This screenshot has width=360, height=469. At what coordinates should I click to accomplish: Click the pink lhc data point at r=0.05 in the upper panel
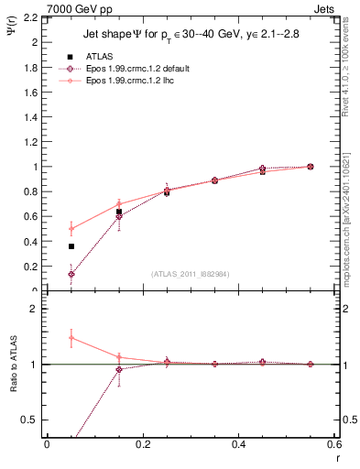(x=71, y=229)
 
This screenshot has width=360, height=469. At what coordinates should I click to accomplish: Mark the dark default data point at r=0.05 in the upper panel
(x=71, y=274)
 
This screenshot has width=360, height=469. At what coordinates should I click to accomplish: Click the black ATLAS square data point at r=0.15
(x=119, y=213)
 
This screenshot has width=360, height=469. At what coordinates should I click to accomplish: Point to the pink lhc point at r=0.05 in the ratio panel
(x=71, y=338)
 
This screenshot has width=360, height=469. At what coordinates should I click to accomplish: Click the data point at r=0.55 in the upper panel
(x=310, y=167)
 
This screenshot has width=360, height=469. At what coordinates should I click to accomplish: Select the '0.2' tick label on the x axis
(x=142, y=444)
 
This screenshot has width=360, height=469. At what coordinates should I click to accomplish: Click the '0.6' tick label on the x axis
(x=333, y=444)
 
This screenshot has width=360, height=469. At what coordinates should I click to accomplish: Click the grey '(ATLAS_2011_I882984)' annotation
(x=191, y=274)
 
